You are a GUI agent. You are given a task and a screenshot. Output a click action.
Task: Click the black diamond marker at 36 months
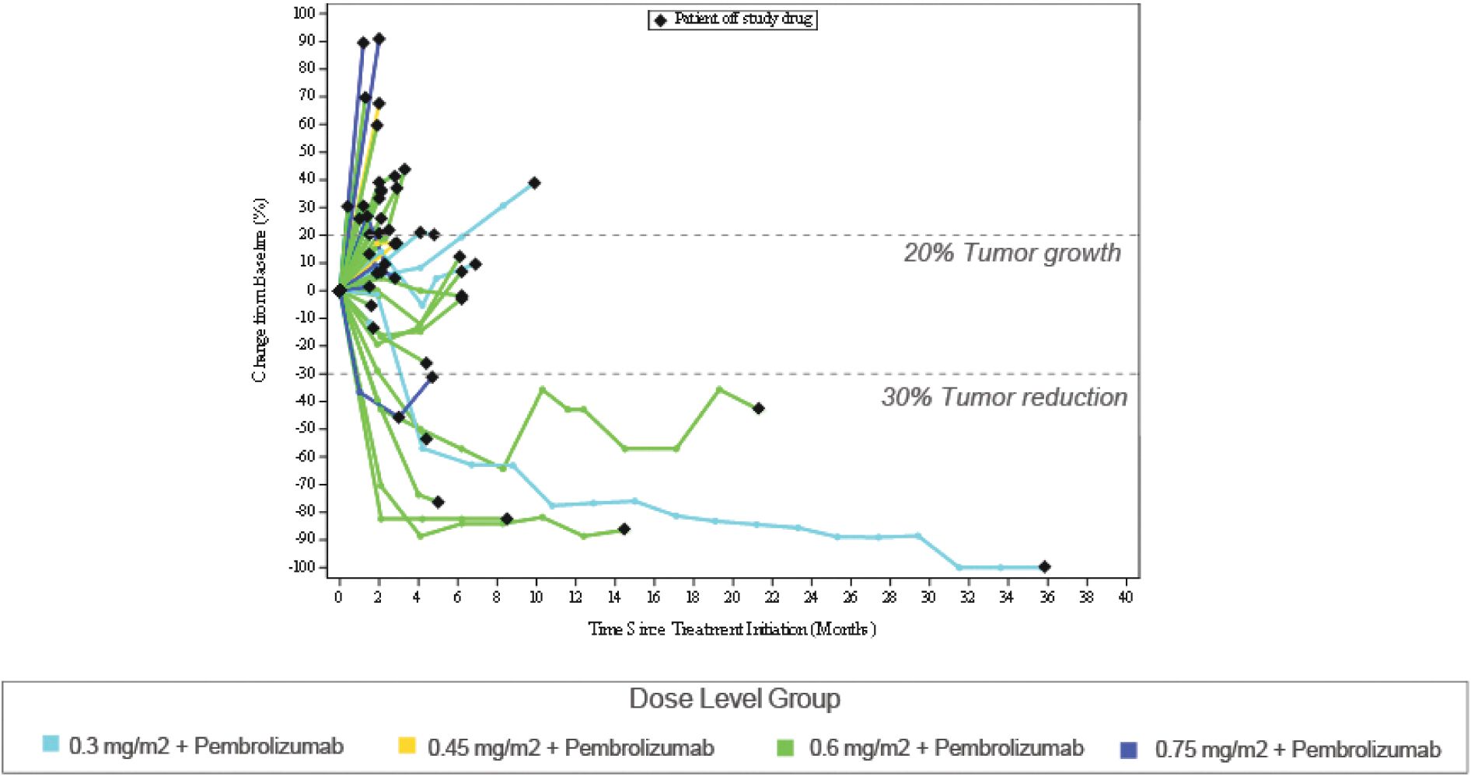(x=1044, y=566)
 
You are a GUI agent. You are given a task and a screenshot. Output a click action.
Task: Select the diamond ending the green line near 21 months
(x=758, y=409)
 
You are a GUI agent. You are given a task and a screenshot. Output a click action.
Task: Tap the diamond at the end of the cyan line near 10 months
(x=534, y=183)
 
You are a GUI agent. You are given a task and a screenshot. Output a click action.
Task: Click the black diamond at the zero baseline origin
(x=339, y=291)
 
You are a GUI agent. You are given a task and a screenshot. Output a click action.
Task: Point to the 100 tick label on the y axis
(x=304, y=13)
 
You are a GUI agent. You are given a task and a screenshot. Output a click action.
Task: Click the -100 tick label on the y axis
(x=302, y=567)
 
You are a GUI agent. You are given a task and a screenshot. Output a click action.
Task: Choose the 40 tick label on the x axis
(x=1125, y=597)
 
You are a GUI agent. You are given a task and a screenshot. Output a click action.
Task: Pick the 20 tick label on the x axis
(x=732, y=597)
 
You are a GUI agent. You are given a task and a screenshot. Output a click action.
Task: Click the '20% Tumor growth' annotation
(x=1012, y=252)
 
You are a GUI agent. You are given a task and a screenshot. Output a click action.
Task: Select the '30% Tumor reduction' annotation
(x=1004, y=397)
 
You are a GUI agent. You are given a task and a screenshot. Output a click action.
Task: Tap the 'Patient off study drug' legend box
(x=732, y=19)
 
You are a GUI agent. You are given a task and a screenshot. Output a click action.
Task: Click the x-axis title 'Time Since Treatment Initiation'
(x=732, y=628)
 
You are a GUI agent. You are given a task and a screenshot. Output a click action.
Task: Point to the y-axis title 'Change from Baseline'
(x=259, y=290)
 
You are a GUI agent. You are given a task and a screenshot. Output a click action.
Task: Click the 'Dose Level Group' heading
(x=734, y=698)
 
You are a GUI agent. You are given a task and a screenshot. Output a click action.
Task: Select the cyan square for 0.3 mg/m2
(x=51, y=744)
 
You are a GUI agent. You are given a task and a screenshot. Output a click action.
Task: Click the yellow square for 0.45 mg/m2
(x=407, y=745)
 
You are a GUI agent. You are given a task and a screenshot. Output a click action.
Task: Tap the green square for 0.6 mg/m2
(x=785, y=747)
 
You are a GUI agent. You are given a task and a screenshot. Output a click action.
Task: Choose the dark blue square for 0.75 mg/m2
(x=1128, y=750)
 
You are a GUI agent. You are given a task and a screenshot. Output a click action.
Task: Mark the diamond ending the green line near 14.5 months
(x=623, y=529)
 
